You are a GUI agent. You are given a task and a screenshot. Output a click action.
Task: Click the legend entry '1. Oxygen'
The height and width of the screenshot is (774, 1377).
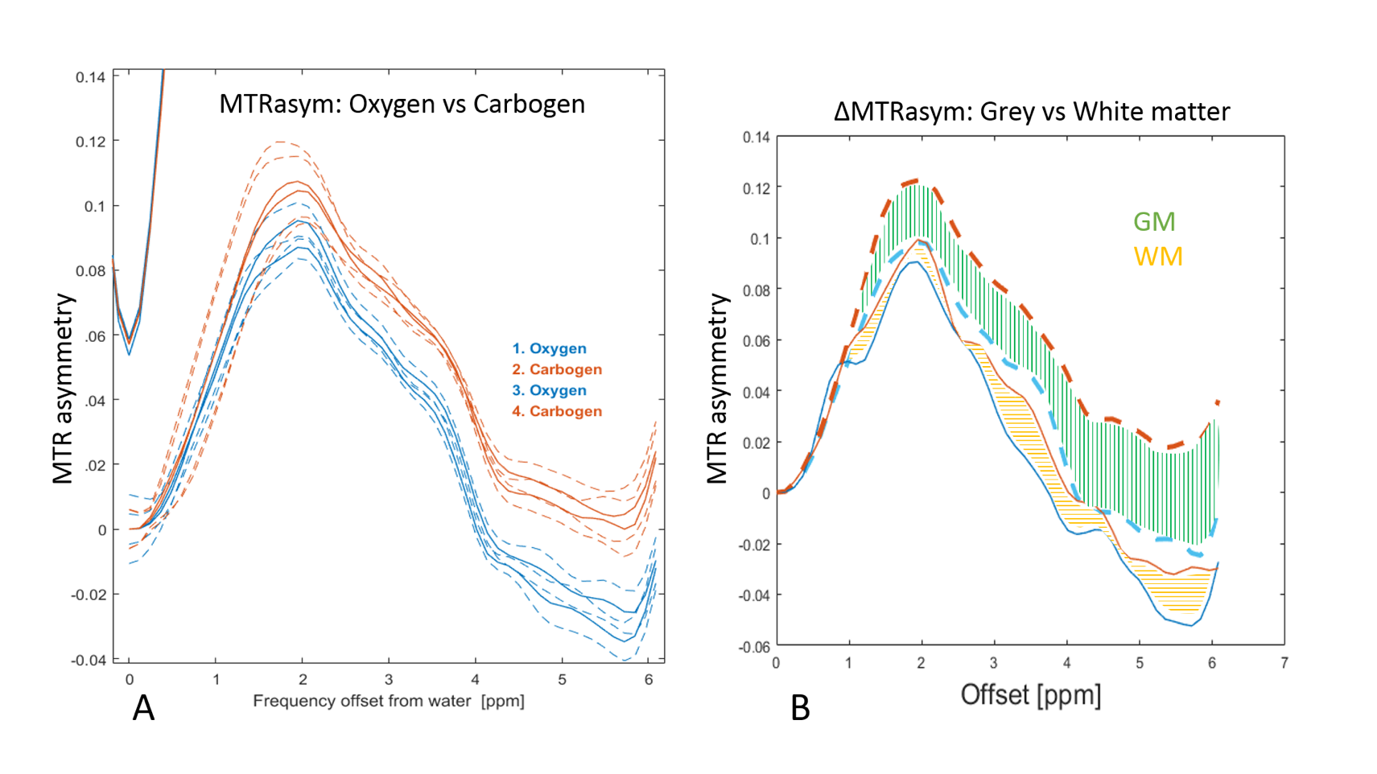point(550,348)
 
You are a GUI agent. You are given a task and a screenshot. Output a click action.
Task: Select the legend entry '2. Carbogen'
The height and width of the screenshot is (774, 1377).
point(557,369)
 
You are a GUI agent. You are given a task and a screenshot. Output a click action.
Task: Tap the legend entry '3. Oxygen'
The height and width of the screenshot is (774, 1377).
point(550,390)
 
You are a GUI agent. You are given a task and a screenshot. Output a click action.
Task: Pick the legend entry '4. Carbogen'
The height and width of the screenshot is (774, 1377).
point(557,411)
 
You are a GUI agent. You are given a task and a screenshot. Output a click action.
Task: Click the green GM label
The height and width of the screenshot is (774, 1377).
point(1154,221)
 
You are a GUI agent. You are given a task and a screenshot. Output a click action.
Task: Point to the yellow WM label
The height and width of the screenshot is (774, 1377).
point(1158,257)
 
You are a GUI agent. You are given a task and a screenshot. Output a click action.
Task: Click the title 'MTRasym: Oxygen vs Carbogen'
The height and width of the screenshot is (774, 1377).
point(402,105)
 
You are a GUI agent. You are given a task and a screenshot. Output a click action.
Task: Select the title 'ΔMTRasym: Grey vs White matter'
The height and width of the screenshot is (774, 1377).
point(1032,111)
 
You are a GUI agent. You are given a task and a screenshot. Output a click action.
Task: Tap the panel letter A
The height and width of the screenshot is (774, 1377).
point(143,708)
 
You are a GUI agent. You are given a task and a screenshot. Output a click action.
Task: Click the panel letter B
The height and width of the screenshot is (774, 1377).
point(800,708)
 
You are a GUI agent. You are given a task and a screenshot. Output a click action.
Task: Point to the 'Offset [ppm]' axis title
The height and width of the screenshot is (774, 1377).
point(1030,694)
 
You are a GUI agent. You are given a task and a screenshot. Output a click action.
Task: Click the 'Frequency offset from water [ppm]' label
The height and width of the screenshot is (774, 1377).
point(389,701)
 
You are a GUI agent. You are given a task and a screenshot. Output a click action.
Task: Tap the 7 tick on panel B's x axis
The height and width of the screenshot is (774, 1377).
point(1284,663)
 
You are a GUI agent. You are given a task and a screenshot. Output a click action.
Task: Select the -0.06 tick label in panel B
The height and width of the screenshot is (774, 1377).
point(755,647)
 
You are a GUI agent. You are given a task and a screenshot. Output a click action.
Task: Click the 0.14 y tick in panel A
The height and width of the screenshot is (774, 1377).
point(90,77)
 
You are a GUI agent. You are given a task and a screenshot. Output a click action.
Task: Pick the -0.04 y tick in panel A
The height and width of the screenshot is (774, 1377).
point(89,661)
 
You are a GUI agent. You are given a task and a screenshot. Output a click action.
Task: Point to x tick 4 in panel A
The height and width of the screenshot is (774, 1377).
point(476,680)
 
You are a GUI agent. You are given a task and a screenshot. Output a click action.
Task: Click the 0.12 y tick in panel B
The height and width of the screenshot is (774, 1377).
point(757,188)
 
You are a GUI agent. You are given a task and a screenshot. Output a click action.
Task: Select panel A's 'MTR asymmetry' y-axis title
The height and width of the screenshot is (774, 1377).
point(63,389)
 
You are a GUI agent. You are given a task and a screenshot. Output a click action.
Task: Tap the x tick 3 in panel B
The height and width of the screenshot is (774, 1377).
point(994,663)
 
